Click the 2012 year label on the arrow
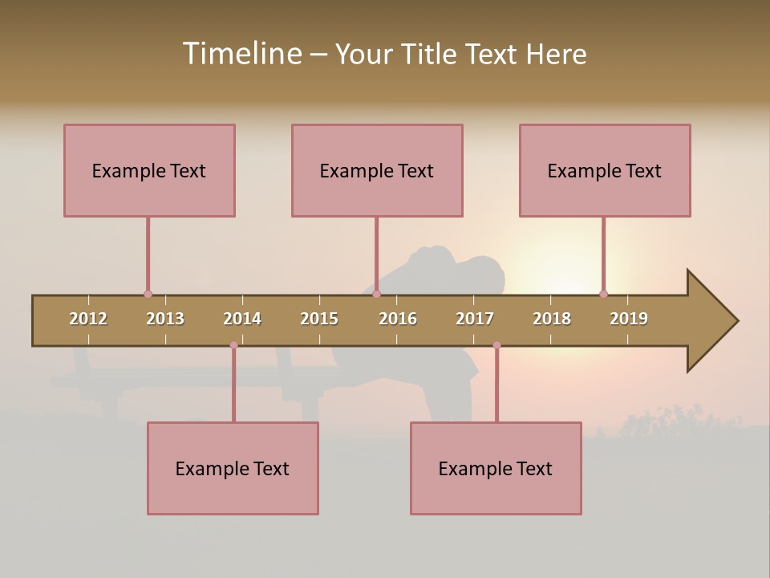[88, 319]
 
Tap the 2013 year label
[165, 319]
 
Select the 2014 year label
[242, 319]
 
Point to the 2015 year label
[319, 319]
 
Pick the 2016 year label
[398, 319]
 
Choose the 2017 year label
[475, 319]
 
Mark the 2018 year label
[552, 319]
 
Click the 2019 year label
[629, 319]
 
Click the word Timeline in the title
[241, 54]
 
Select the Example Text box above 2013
[149, 170]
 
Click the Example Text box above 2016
[377, 170]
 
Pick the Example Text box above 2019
[605, 170]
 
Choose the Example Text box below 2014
[233, 468]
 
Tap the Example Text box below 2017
[496, 468]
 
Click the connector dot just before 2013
[148, 294]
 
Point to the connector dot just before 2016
[376, 294]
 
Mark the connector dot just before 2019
[603, 294]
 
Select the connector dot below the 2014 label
[233, 345]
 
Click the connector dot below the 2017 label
[496, 345]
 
